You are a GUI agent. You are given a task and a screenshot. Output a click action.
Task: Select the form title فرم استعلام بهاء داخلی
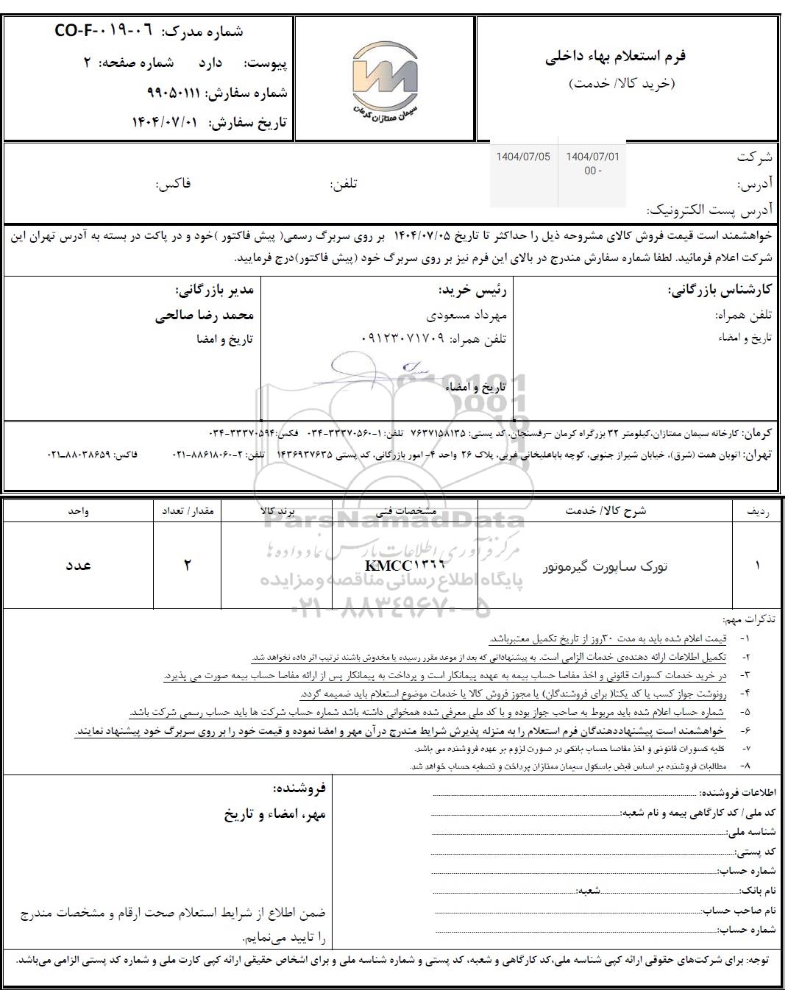click(615, 57)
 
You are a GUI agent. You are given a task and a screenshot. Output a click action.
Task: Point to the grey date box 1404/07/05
click(523, 157)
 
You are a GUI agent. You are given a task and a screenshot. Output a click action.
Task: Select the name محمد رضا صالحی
click(205, 316)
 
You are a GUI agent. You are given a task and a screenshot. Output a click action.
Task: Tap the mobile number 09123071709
click(404, 339)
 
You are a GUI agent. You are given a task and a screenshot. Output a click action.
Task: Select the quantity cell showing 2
click(187, 565)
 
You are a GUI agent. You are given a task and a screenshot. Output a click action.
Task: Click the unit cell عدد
click(78, 565)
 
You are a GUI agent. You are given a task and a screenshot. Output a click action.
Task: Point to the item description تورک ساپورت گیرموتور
click(605, 566)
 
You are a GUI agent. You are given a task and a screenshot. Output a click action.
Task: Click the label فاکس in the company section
click(173, 184)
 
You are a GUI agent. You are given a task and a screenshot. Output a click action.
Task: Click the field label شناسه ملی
click(751, 832)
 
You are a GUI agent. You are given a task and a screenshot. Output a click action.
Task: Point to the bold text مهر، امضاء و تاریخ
click(274, 814)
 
